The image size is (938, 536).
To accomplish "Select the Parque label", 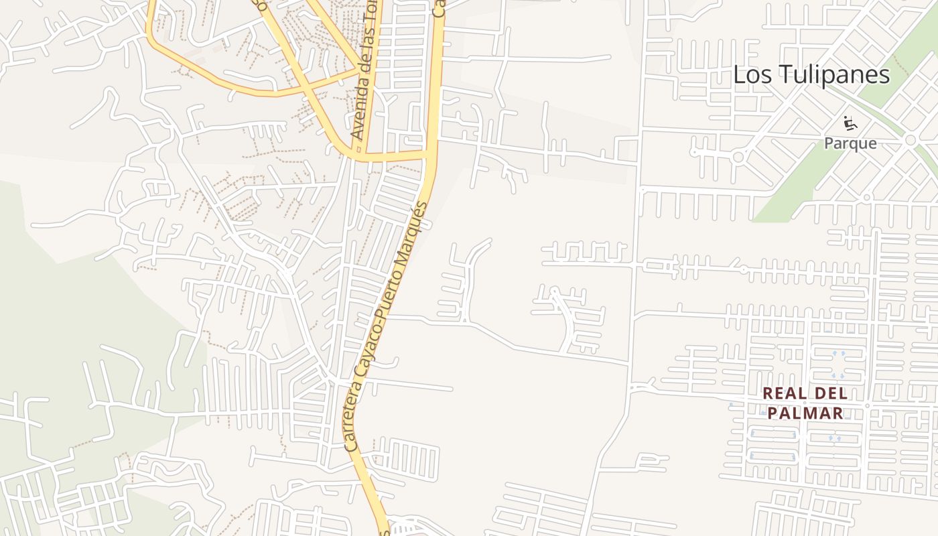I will [x=850, y=143].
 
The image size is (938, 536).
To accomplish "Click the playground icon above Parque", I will [x=850, y=123].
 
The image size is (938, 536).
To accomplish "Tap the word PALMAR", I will [x=805, y=413].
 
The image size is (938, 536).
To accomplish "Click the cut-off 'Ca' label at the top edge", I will [x=440, y=8].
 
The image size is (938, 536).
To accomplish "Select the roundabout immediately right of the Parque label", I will [x=910, y=140].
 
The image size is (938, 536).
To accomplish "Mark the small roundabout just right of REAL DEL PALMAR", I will [x=867, y=406].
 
